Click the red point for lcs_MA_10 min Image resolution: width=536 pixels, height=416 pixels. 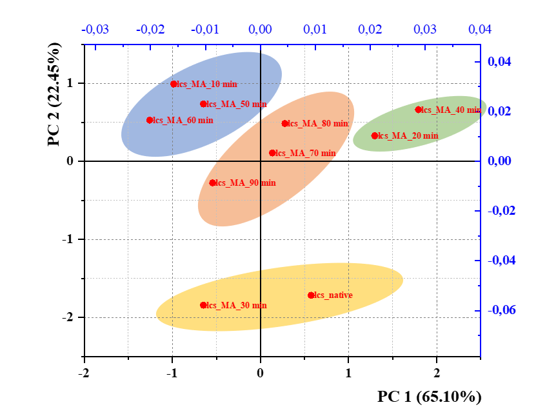(174, 84)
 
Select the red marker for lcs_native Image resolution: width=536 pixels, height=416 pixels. (311, 295)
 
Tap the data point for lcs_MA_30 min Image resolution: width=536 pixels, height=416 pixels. (203, 305)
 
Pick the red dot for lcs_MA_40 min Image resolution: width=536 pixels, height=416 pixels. (419, 110)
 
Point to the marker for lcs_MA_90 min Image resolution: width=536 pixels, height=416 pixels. (212, 183)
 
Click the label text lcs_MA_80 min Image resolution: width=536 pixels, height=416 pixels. (318, 124)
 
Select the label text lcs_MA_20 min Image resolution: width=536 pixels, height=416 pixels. (408, 136)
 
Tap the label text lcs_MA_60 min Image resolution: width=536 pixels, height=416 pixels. (183, 121)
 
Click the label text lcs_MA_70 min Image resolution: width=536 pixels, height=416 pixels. (306, 154)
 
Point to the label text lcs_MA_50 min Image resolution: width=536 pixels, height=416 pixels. (237, 104)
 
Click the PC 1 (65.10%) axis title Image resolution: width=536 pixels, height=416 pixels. (430, 396)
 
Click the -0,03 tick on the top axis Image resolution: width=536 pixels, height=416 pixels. (93, 30)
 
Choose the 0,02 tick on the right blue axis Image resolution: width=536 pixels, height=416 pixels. (501, 112)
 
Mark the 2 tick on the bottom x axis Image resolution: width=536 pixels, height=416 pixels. (437, 373)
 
